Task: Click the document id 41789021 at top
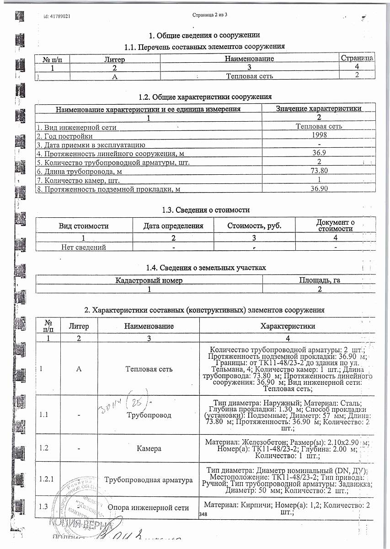coord(57,16)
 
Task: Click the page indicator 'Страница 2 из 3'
coord(210,16)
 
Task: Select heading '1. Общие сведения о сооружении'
coord(205,35)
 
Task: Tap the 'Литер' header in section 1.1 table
coord(115,59)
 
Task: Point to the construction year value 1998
coord(319,135)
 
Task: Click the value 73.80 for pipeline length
coord(319,171)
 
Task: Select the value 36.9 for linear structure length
coord(319,153)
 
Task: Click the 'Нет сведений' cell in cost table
coord(84,247)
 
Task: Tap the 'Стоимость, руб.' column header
coord(254,226)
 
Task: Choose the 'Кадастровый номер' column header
coord(149,280)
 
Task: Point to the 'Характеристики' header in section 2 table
coord(288,326)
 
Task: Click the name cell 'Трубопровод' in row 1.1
coord(149,415)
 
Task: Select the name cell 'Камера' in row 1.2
coord(149,449)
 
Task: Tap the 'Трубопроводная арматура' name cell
coord(149,480)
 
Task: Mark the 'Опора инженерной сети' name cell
coord(149,507)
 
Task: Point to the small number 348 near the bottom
coord(203,515)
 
